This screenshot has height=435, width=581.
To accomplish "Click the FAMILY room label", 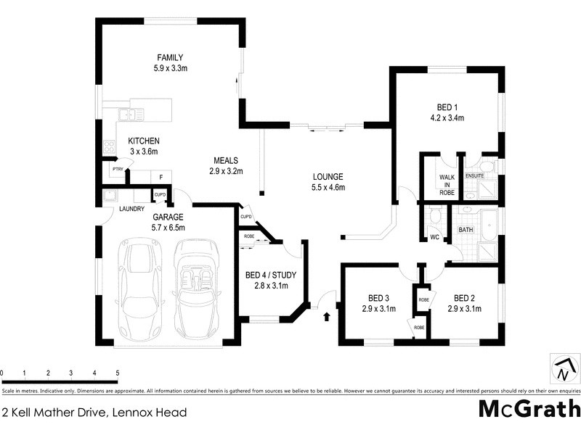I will click(171, 57).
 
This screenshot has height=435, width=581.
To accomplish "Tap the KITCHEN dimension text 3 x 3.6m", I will click(143, 152).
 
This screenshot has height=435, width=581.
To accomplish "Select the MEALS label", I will click(226, 160).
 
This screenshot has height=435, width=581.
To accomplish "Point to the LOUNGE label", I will click(328, 177).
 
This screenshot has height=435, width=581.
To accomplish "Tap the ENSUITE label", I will click(475, 175).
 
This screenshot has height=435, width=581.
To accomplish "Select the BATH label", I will click(466, 230).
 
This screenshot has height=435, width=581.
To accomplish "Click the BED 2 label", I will click(465, 298).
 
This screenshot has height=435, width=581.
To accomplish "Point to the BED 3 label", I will click(379, 298).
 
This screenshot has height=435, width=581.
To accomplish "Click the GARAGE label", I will click(168, 217).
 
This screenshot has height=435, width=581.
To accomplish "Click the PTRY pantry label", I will click(117, 169).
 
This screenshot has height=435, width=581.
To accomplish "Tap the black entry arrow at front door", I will click(326, 316).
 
